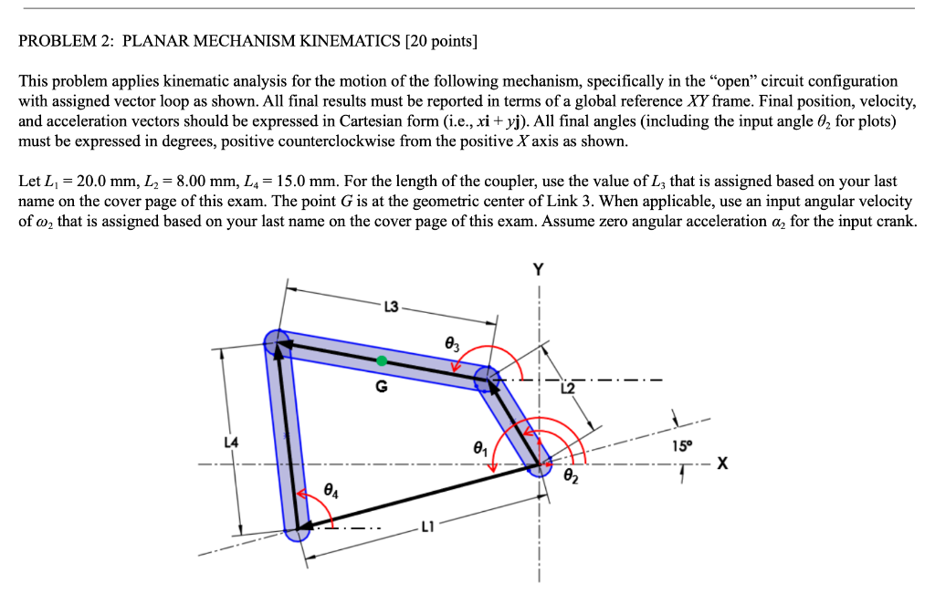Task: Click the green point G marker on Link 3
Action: point(382,358)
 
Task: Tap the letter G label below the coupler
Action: point(382,386)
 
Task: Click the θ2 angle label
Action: point(572,475)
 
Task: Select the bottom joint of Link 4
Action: point(297,527)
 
